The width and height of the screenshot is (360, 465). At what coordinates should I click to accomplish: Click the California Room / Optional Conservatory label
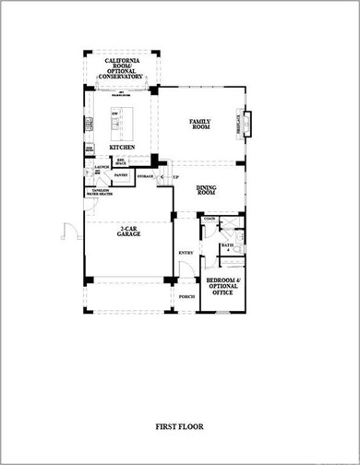(123, 69)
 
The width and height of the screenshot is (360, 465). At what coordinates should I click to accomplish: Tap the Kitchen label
(123, 147)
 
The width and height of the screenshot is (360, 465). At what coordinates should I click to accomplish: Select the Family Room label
(200, 124)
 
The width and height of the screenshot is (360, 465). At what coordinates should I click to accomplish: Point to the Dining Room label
(208, 190)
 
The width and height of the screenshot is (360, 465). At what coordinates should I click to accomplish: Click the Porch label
(186, 297)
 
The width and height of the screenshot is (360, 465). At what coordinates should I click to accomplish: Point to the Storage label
(145, 174)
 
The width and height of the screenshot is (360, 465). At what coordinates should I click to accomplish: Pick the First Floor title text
(180, 426)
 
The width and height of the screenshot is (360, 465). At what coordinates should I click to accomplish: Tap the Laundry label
(102, 166)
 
